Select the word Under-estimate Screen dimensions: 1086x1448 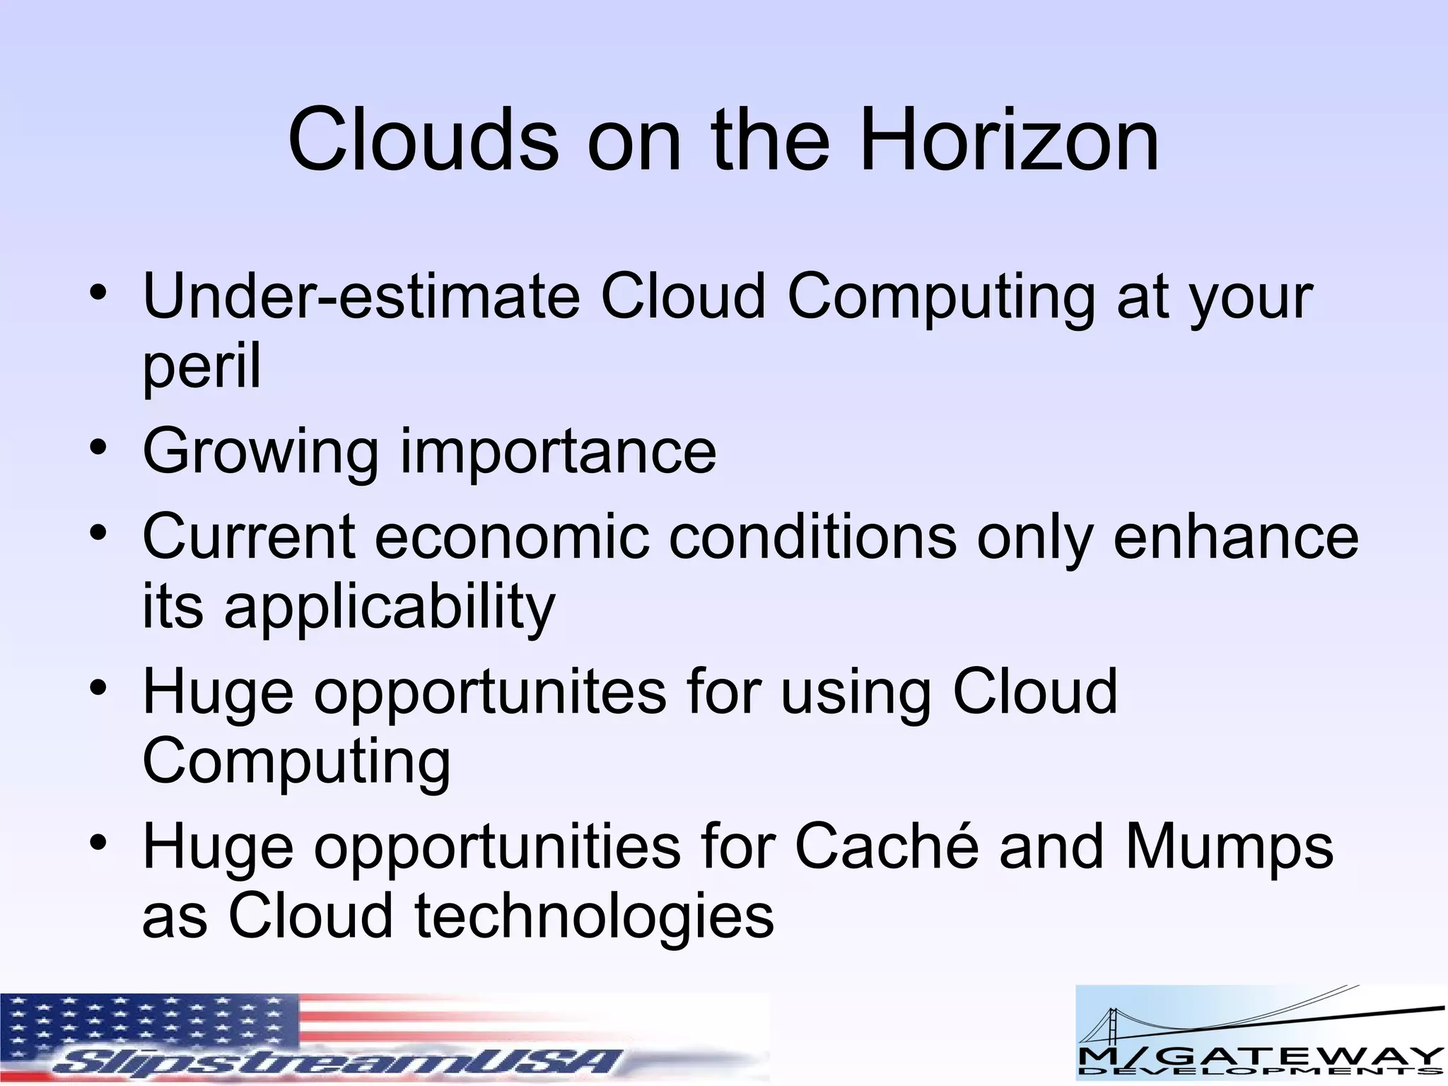tap(361, 297)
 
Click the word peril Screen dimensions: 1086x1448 tap(202, 366)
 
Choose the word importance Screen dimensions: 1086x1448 tap(559, 452)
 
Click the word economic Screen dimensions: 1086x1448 tap(511, 537)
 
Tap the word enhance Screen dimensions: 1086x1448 tap(1236, 537)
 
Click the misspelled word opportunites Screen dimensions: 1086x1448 tap(490, 693)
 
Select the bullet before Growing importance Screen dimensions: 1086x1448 tap(98, 448)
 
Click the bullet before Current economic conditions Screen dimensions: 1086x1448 tap(98, 532)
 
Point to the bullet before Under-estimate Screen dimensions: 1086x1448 tap(98, 292)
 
